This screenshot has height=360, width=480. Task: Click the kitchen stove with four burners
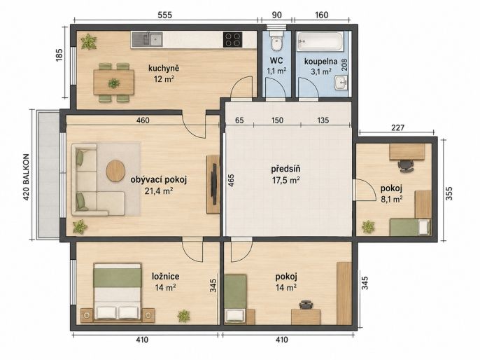(232, 39)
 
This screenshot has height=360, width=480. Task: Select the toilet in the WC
(277, 41)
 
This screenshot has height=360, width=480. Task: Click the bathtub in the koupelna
(320, 41)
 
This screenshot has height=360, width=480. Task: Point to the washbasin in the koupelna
(341, 83)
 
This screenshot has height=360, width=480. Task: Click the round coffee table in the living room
(115, 171)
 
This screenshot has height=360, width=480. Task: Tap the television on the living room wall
(215, 184)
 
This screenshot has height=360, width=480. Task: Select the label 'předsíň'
(285, 169)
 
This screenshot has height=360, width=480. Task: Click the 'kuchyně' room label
(164, 68)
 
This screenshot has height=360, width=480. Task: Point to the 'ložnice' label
(166, 277)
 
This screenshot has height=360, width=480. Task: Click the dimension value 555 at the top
(165, 15)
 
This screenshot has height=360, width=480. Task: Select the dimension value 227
(397, 127)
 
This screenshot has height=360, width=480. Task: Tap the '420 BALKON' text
(27, 177)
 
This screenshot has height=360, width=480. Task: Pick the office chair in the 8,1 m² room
(406, 166)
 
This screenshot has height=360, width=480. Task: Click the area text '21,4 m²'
(159, 191)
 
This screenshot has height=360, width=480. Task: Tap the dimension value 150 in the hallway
(277, 120)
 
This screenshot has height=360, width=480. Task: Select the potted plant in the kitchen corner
(89, 41)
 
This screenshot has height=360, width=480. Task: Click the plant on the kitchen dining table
(113, 83)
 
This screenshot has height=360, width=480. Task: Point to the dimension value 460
(143, 120)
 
